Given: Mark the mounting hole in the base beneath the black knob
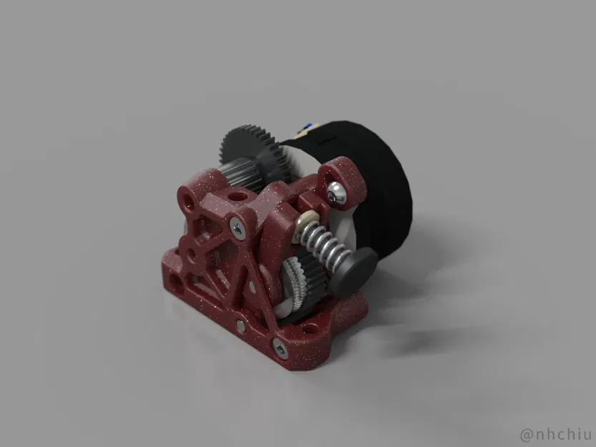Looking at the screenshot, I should pyautogui.click(x=309, y=330).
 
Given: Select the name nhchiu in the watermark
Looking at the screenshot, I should pyautogui.click(x=562, y=433).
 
